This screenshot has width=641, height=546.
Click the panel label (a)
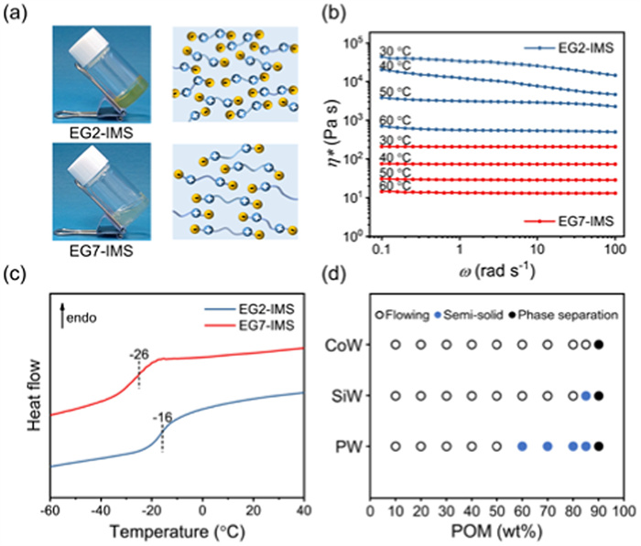(x=21, y=11)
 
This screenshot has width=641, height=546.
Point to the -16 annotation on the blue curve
(x=162, y=415)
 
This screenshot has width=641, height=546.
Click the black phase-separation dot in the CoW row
(x=599, y=345)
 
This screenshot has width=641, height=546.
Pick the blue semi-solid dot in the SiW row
(x=586, y=396)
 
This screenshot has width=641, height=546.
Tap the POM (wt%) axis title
(x=497, y=532)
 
